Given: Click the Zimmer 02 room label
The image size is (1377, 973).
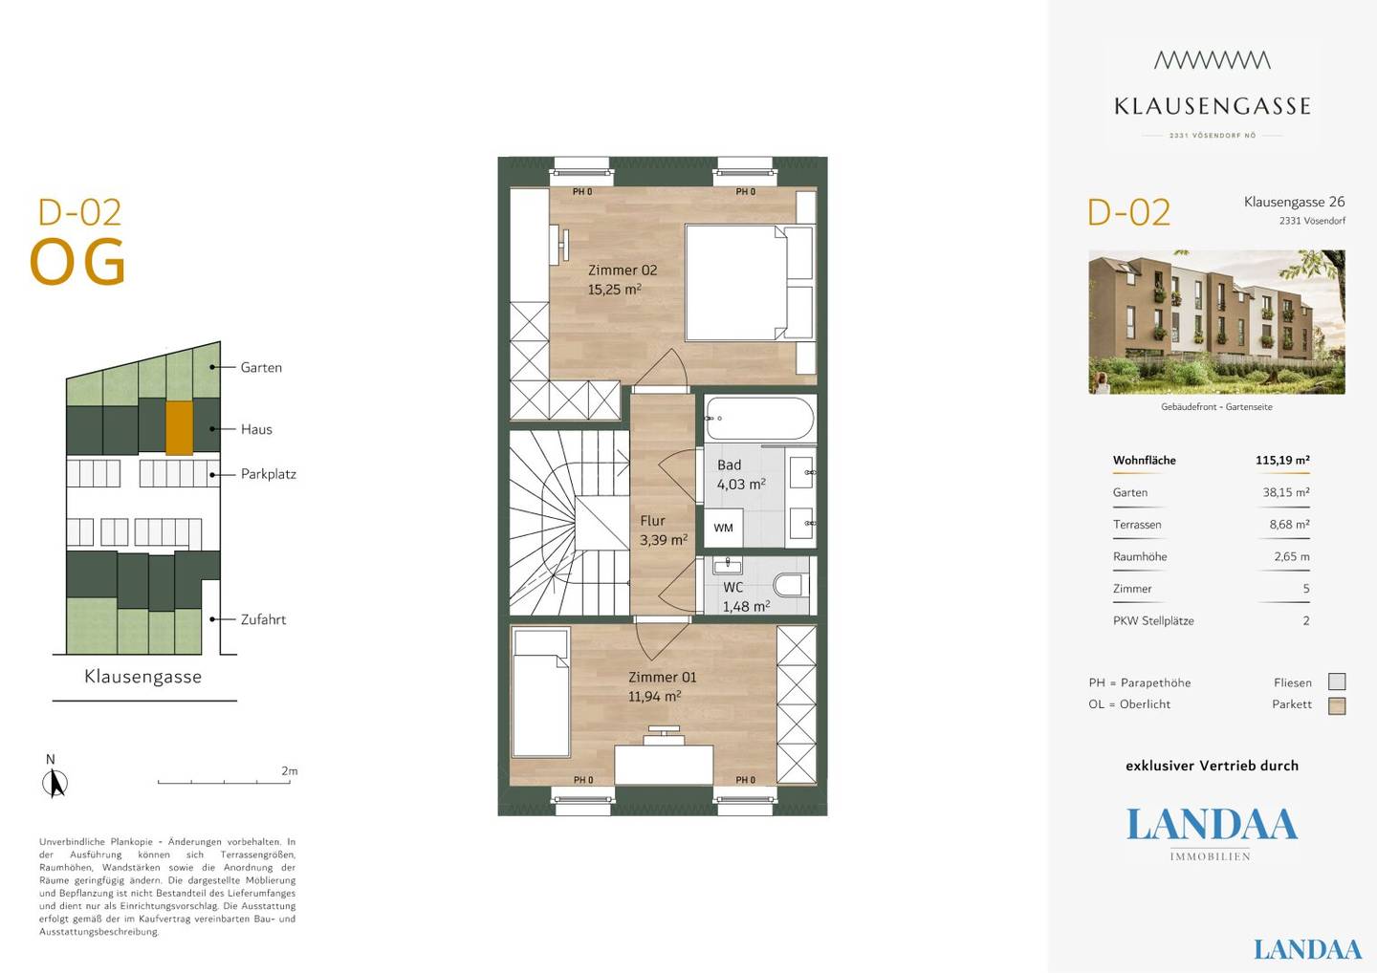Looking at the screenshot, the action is tap(623, 279).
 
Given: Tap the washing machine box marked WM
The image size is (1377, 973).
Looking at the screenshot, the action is tap(724, 528).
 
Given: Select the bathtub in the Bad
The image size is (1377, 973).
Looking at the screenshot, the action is tap(760, 419).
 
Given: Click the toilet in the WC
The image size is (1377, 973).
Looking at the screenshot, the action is tap(789, 585).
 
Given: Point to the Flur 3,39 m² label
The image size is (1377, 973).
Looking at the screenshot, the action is tap(664, 530).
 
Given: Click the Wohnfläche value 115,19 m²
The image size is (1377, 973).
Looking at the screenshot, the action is tap(1282, 460).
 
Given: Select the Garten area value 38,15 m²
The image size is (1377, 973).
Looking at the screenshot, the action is tap(1286, 492).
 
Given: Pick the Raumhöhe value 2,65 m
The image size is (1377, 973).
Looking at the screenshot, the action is tap(1292, 556).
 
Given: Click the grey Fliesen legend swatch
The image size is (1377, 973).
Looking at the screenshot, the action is tap(1337, 681).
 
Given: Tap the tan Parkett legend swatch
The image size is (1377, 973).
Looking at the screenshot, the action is tap(1337, 705).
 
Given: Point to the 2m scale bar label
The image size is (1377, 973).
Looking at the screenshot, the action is tap(290, 771).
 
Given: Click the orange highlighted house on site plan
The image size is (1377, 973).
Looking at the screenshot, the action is tap(180, 428).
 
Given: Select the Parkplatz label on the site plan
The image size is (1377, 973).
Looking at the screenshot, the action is tap(269, 474).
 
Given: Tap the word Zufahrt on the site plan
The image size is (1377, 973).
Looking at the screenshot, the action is tap(263, 619).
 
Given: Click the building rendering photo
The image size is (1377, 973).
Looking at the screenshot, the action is tap(1216, 322).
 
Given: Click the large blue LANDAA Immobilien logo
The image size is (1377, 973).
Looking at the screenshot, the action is tap(1211, 833).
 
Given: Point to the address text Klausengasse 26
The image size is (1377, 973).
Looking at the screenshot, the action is tap(1294, 202).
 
